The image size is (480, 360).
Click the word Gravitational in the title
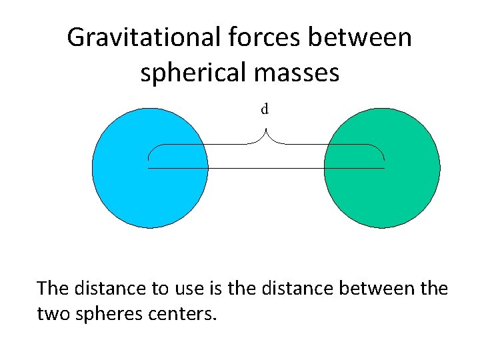coord(139,37)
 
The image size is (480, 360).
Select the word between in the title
coord(357,37)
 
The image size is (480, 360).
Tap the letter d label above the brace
coord(265,109)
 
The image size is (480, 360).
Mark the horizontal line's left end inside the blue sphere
coord(149,168)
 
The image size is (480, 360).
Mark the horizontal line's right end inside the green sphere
coord(384,168)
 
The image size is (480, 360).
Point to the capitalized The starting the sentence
coord(52,289)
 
